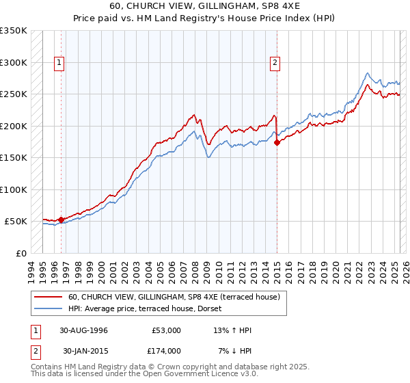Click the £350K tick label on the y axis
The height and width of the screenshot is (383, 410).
pyautogui.click(x=14, y=31)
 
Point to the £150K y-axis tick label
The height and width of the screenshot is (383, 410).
pyautogui.click(x=14, y=158)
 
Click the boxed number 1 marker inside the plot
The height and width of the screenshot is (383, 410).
pyautogui.click(x=60, y=64)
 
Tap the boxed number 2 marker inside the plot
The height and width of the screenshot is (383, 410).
pyautogui.click(x=275, y=64)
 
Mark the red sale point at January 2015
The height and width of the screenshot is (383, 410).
pyautogui.click(x=277, y=143)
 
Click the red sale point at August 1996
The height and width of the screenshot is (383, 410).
pyautogui.click(x=61, y=220)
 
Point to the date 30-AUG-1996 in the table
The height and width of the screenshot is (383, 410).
pyautogui.click(x=85, y=330)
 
